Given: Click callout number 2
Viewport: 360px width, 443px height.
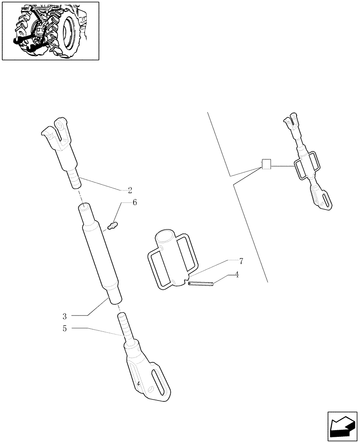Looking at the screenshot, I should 130,190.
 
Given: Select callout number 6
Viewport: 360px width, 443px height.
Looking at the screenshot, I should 134,202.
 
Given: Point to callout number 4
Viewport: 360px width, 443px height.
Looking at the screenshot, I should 237,275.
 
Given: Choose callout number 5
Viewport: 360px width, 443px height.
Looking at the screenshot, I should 65,328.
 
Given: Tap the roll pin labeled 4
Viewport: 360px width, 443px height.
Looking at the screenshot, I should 201,284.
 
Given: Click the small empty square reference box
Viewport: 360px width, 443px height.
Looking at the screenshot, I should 266,164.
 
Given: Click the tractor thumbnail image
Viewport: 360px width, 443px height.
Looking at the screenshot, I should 51,31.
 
